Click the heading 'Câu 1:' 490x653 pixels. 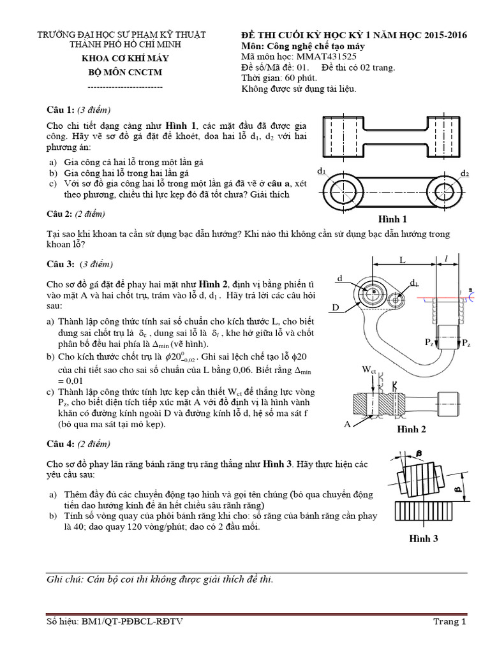61,110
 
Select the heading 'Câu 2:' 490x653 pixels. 61,214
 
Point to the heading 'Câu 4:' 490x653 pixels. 61,444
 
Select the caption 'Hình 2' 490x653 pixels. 412,429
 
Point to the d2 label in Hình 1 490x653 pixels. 464,173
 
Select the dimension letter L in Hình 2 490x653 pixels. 403,261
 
